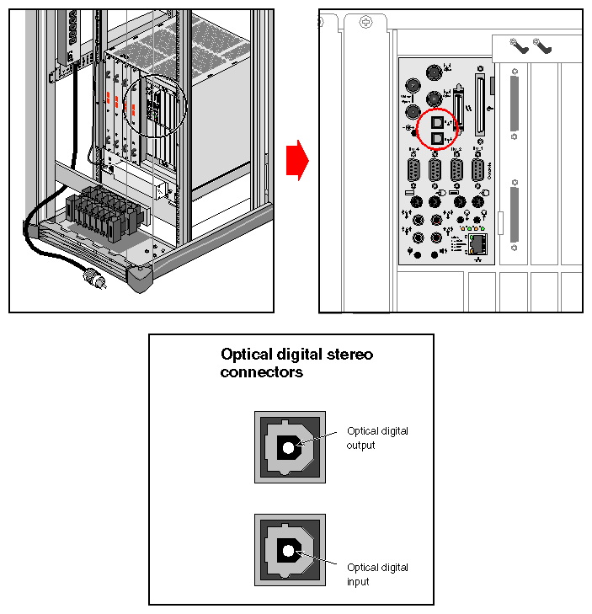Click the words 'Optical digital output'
click(x=377, y=438)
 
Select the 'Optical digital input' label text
click(x=377, y=574)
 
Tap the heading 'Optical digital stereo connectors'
click(x=296, y=363)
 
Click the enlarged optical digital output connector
click(x=290, y=447)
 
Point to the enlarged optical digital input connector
click(x=290, y=550)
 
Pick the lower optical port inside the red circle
click(x=436, y=138)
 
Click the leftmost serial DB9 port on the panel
click(x=413, y=171)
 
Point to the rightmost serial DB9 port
click(x=477, y=171)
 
